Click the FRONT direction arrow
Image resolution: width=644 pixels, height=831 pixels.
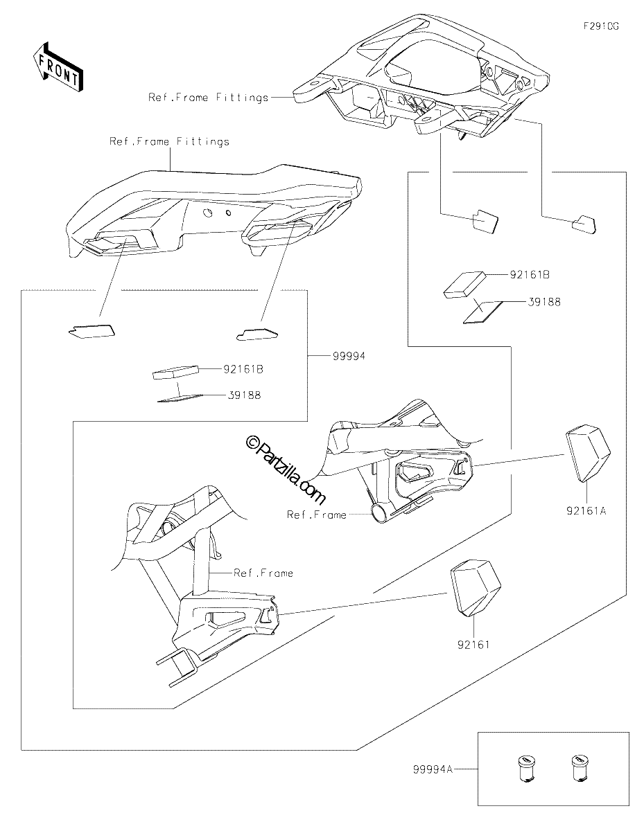point(58,67)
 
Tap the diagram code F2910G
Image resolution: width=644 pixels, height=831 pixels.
point(601,26)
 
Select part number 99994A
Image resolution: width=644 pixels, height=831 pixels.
point(433,769)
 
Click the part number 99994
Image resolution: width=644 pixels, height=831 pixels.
point(349,356)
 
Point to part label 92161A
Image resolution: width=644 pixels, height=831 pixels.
point(586,510)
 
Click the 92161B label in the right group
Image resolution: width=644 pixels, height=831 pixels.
point(530,275)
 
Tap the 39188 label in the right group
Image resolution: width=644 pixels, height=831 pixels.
point(544,302)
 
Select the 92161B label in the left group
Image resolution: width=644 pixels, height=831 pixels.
point(243,369)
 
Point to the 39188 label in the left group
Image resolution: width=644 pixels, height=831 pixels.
point(244,395)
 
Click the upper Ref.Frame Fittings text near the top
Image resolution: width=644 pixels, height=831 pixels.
point(209,98)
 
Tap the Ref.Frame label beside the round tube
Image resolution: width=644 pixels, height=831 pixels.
point(316,515)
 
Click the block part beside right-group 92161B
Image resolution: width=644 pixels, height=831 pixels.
point(464,285)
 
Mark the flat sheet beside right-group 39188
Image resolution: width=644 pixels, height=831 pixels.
point(484,312)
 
